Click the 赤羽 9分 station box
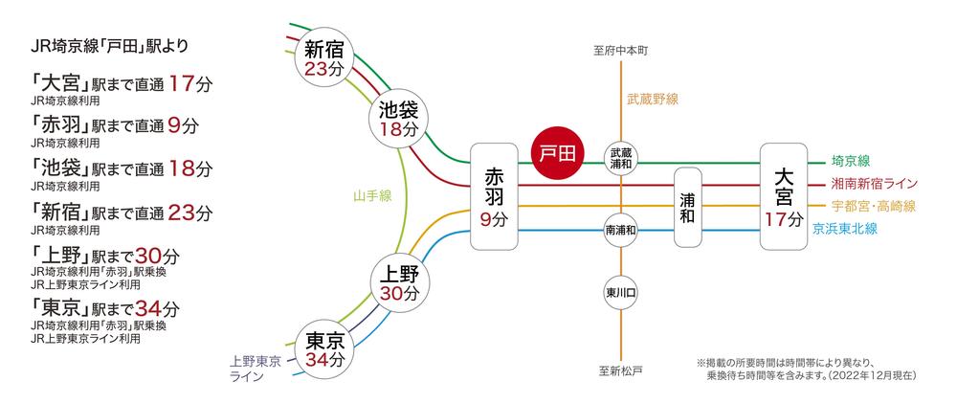[494, 197]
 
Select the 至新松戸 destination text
[622, 370]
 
